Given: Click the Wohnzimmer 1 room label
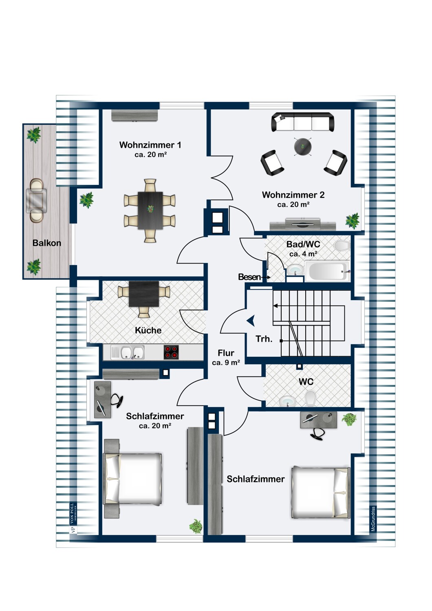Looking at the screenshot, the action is (x=150, y=145).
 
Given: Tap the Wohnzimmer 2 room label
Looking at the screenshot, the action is (x=293, y=195).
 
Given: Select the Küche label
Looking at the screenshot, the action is (x=148, y=330).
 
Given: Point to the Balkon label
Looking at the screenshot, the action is (x=47, y=243).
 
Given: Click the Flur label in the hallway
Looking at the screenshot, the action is (x=226, y=353).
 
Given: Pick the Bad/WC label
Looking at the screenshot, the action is (x=303, y=244).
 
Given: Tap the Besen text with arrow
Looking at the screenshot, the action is (x=254, y=277).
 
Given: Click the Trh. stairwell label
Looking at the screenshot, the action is (x=264, y=339).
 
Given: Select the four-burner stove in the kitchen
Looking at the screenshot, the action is (x=171, y=352).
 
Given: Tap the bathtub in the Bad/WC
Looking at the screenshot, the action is (x=327, y=271).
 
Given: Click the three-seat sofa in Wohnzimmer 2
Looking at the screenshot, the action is (x=303, y=122).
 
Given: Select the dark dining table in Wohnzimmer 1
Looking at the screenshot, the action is (x=150, y=211).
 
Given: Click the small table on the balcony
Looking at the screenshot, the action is (x=36, y=200).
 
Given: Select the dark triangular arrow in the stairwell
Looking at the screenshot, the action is (x=251, y=321).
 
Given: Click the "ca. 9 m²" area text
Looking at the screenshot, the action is (x=226, y=363).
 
